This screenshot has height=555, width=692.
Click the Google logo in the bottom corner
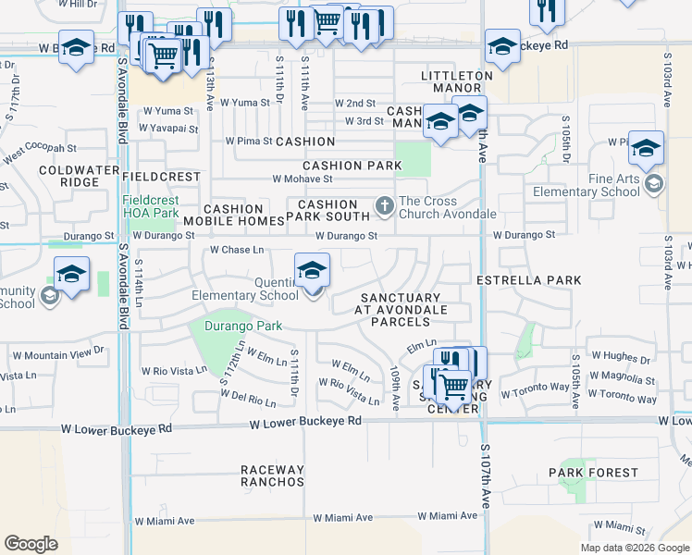click(31, 544)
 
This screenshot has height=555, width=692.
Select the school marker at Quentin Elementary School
click(312, 271)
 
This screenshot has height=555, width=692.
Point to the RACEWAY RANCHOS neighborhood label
click(272, 475)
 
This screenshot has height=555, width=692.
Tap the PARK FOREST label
click(592, 473)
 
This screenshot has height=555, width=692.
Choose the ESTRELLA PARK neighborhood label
click(528, 279)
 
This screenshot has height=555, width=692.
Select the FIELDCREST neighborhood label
click(160, 176)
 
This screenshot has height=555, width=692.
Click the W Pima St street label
click(249, 142)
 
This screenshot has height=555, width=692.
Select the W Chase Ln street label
click(237, 250)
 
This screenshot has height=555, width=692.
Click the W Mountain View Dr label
click(56, 353)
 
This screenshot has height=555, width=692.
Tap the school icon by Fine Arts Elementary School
click(654, 183)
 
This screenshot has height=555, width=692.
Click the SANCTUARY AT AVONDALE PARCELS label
click(400, 309)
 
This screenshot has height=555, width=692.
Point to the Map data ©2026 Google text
click(634, 548)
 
